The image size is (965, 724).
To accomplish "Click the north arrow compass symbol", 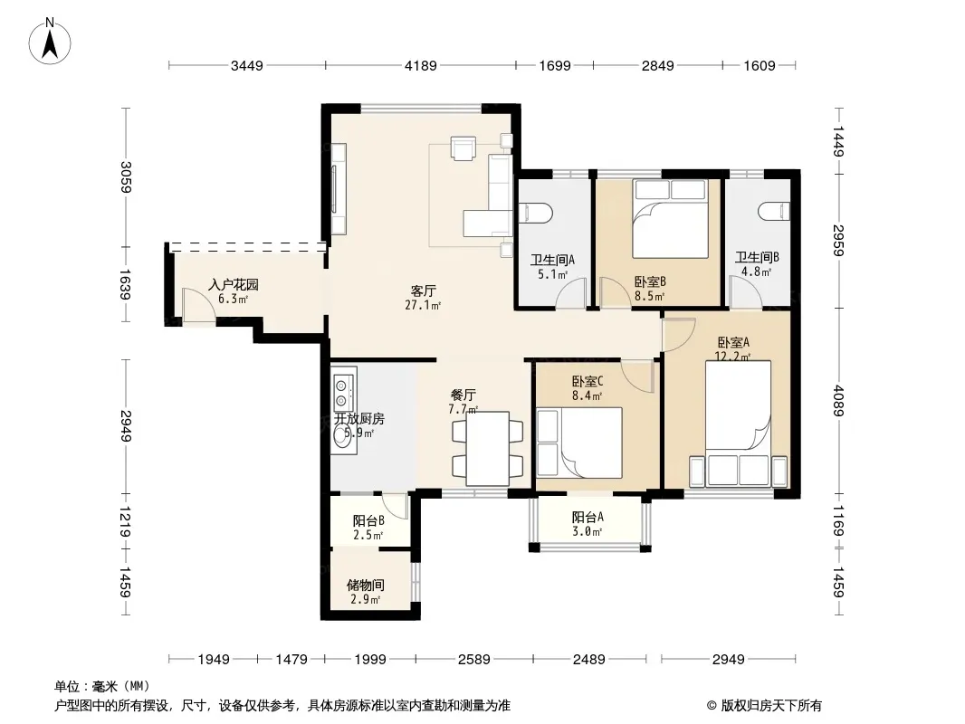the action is [x=50, y=41].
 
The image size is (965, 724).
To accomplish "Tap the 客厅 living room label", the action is [x=424, y=291].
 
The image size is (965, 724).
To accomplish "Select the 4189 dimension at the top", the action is [x=420, y=65].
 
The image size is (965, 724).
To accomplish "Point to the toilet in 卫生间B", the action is [x=774, y=212].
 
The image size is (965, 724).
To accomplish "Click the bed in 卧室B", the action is [x=670, y=218].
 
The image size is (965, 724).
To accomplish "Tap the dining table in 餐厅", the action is [x=487, y=448].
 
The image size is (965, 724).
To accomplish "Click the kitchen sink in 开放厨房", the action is [x=341, y=436].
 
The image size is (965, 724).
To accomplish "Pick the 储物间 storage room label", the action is [x=366, y=585].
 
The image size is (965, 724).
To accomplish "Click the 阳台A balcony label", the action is [x=588, y=518].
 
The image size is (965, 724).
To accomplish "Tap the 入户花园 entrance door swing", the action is [x=198, y=304].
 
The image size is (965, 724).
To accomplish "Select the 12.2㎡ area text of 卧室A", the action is [x=732, y=357].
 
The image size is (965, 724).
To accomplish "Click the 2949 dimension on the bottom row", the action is [x=728, y=660].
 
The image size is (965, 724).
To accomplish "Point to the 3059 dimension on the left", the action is [x=126, y=177].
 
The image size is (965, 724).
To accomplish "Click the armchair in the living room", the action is [x=463, y=148].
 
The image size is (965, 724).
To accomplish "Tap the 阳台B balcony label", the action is [x=368, y=521].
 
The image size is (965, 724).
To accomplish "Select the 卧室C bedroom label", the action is [x=588, y=381].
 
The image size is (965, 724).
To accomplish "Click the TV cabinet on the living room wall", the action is [x=339, y=189].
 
